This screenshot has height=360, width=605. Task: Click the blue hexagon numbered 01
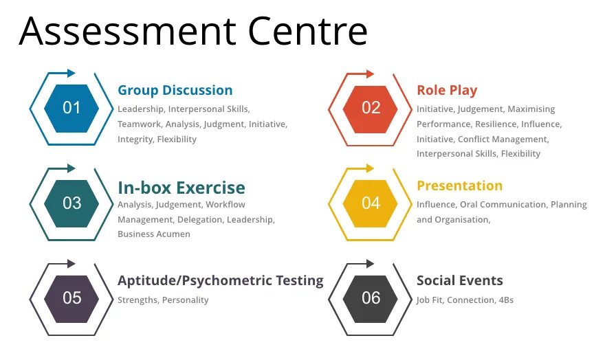click(71, 108)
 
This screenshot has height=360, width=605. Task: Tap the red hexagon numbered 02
click(371, 108)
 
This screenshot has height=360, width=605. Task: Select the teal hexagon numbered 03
click(71, 203)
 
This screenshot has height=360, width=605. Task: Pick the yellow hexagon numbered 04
click(371, 203)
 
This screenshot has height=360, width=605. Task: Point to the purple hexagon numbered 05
click(71, 297)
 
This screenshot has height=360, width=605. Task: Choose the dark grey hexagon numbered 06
click(371, 297)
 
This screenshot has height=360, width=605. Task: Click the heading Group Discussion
click(175, 90)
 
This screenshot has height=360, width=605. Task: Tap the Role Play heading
click(446, 90)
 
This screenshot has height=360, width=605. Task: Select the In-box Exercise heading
click(181, 188)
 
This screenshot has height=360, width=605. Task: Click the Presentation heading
click(459, 185)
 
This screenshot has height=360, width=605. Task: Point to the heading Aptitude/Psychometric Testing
click(220, 280)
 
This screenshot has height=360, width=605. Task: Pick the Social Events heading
click(459, 280)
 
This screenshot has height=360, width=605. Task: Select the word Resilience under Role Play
click(495, 124)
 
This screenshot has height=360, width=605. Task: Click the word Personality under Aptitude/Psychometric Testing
click(186, 300)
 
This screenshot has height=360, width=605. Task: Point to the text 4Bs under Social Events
click(506, 300)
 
